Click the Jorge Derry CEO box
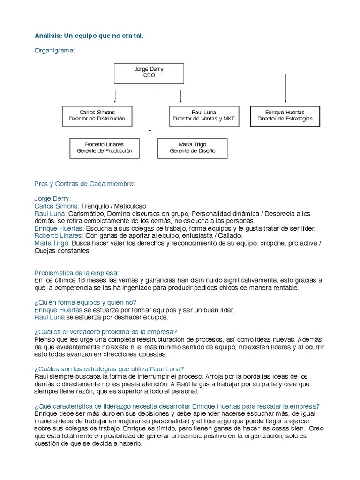pyautogui.click(x=149, y=72)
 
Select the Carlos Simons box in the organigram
pyautogui.click(x=97, y=116)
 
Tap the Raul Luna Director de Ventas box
pyautogui.click(x=203, y=116)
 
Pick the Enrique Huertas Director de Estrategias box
pyautogui.click(x=285, y=116)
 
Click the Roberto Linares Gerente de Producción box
pyautogui.click(x=105, y=148)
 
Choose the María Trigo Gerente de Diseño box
pyautogui.click(x=192, y=148)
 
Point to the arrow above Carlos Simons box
pyautogui.click(x=115, y=96)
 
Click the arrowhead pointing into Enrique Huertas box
pyautogui.click(x=285, y=100)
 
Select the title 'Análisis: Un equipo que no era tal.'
pyautogui.click(x=89, y=36)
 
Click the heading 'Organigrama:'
pyautogui.click(x=55, y=51)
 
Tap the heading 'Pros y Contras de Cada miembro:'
pyautogui.click(x=84, y=184)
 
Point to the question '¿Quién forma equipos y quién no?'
pyautogui.click(x=85, y=302)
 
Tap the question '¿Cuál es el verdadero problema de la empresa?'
pyautogui.click(x=105, y=332)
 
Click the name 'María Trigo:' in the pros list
pyautogui.click(x=51, y=243)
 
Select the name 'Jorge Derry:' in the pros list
pyautogui.click(x=52, y=198)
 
